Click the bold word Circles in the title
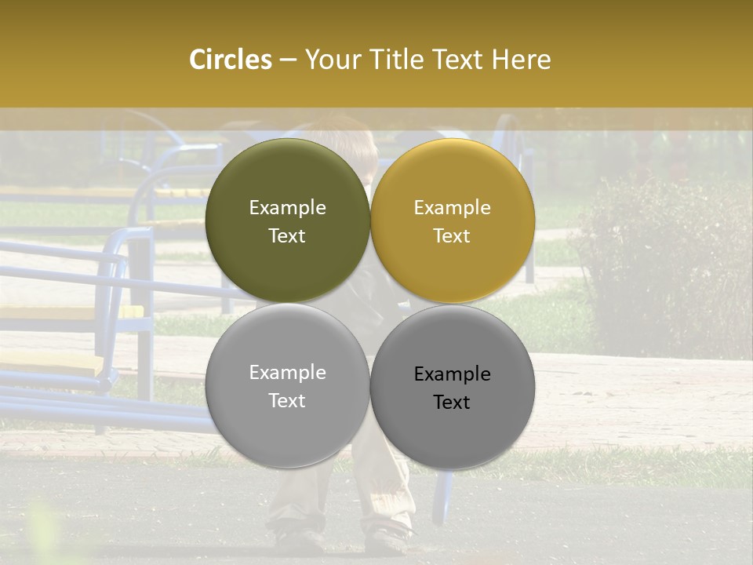coord(230,60)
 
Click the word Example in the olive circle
coord(287,207)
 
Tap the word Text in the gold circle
coord(452,236)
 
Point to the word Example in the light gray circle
coord(287,372)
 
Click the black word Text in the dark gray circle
coord(452,403)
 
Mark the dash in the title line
coord(288,60)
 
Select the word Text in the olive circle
coord(287,236)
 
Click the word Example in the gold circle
coord(452,207)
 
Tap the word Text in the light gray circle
coord(287,401)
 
